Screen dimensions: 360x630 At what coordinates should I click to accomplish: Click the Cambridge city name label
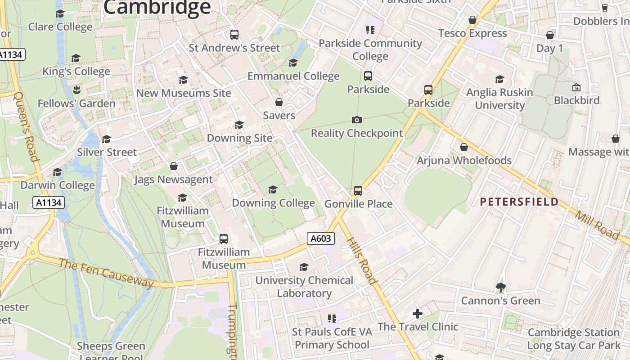pyautogui.click(x=157, y=7)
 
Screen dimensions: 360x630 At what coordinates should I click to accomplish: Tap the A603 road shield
pyautogui.click(x=320, y=238)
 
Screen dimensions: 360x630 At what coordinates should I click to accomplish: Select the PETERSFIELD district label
pyautogui.click(x=519, y=202)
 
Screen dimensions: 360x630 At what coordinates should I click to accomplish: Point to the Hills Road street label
pyautogui.click(x=362, y=261)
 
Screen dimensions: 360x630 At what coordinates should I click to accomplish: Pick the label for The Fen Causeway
pyautogui.click(x=106, y=273)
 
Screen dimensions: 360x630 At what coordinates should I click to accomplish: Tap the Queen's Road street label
pyautogui.click(x=26, y=126)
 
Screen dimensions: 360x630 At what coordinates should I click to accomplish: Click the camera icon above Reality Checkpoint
pyautogui.click(x=356, y=120)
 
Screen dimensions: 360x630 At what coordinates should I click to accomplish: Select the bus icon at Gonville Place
pyautogui.click(x=358, y=190)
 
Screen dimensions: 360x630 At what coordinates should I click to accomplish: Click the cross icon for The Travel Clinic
pyautogui.click(x=418, y=313)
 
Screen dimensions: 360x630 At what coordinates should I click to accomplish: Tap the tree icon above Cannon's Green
pyautogui.click(x=500, y=287)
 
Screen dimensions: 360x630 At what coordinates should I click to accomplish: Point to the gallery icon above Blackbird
pyautogui.click(x=576, y=87)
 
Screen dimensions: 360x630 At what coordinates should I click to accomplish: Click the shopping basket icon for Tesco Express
pyautogui.click(x=472, y=20)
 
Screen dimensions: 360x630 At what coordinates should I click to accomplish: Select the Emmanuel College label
pyautogui.click(x=293, y=76)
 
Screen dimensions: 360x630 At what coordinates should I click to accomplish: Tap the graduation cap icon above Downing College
pyautogui.click(x=273, y=189)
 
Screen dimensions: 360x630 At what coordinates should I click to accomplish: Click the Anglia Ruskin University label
pyautogui.click(x=499, y=99)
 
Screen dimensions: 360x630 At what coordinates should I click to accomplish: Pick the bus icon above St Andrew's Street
pyautogui.click(x=234, y=34)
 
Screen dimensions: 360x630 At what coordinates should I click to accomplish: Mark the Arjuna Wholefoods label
pyautogui.click(x=464, y=161)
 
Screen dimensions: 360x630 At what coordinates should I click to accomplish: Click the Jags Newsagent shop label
pyautogui.click(x=173, y=180)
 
